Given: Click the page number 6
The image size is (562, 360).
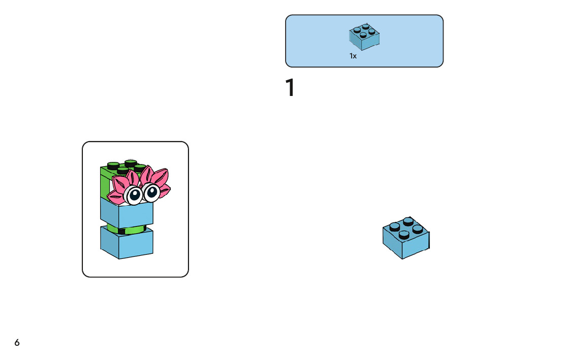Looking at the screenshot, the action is pyautogui.click(x=17, y=343).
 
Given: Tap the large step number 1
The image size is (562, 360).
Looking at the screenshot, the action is pyautogui.click(x=290, y=87).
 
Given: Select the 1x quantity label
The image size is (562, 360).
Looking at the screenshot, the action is pyautogui.click(x=353, y=56).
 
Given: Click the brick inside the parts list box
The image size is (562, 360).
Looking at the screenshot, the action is pyautogui.click(x=364, y=37).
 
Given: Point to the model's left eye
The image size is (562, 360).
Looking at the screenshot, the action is pyautogui.click(x=134, y=194).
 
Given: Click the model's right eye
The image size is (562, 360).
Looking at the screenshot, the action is pyautogui.click(x=151, y=191).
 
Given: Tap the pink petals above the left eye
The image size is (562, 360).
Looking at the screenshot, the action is pyautogui.click(x=124, y=183).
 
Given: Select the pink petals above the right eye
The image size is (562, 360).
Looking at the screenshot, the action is pyautogui.click(x=153, y=177).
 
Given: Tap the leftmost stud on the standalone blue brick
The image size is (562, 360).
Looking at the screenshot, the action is pyautogui.click(x=395, y=227).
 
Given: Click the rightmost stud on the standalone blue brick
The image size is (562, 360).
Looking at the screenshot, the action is pyautogui.click(x=418, y=228).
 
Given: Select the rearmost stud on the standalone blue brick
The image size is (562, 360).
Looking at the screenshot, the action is pyautogui.click(x=408, y=221).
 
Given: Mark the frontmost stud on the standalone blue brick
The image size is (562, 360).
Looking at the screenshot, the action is pyautogui.click(x=404, y=235).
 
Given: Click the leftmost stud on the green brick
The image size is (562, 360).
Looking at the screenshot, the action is pyautogui.click(x=113, y=165).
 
